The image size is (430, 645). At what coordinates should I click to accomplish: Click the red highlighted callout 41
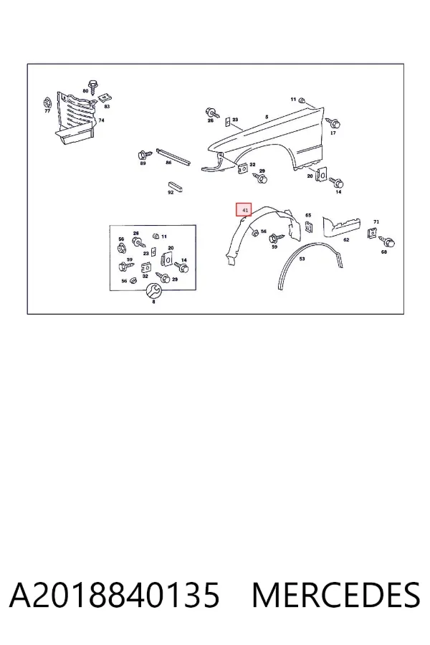pyautogui.click(x=243, y=209)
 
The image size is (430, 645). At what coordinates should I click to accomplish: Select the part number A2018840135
pyautogui.click(x=115, y=595)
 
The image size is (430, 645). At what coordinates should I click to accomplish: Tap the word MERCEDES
pyautogui.click(x=336, y=595)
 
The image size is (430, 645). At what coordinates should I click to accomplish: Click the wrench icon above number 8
pyautogui.click(x=154, y=290)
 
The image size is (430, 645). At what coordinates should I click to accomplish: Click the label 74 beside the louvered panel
pyautogui.click(x=101, y=120)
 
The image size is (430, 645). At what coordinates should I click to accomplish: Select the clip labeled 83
pyautogui.click(x=105, y=98)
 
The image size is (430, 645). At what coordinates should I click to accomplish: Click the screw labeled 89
pyautogui.click(x=145, y=155)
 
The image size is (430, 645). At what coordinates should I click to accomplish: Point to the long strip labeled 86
pyautogui.click(x=173, y=156)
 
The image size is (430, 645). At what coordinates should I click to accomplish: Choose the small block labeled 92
pyautogui.click(x=174, y=186)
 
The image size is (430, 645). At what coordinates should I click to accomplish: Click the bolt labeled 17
pyautogui.click(x=333, y=123)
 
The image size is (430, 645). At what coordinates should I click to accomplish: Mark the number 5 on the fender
pyautogui.click(x=267, y=118)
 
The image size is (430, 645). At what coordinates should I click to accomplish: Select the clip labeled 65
pyautogui.click(x=309, y=226)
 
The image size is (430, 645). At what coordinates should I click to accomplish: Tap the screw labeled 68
pyautogui.click(x=387, y=242)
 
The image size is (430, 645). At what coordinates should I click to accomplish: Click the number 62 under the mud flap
pyautogui.click(x=346, y=239)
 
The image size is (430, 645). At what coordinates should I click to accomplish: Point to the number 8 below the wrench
pyautogui.click(x=154, y=302)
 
